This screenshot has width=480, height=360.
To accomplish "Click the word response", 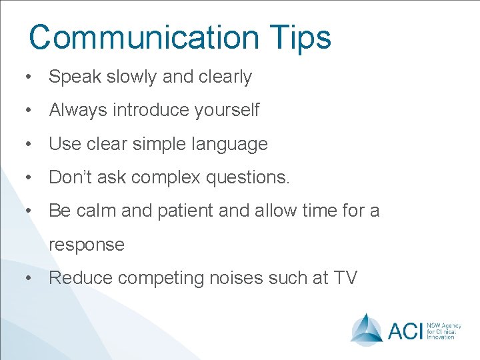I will (x=87, y=245).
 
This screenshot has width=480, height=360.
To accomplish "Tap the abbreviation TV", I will (x=344, y=277).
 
